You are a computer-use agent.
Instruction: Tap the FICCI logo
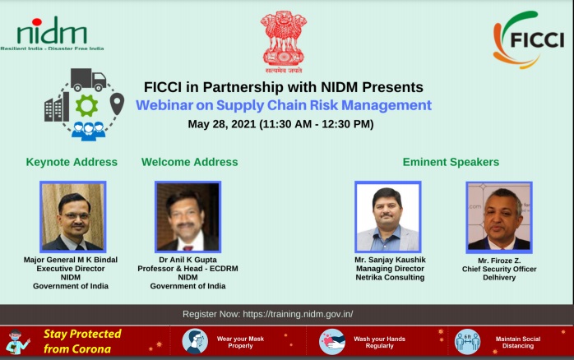[528, 39]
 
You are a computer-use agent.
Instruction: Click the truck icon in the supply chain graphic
[88, 80]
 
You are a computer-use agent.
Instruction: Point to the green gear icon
[86, 104]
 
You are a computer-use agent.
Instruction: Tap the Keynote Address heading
[72, 162]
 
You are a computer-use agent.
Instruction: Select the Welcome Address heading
[189, 162]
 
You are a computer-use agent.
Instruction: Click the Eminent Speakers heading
[451, 162]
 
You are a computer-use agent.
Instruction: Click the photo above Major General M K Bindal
[72, 216]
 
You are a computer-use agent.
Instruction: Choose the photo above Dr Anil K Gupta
[188, 216]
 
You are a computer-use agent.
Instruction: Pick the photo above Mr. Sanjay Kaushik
[387, 216]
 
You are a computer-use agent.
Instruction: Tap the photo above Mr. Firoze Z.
[498, 216]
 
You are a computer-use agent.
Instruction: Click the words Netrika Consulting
[387, 278]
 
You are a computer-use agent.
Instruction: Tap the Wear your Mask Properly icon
[194, 341]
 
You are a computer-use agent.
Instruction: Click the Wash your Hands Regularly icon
[332, 341]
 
